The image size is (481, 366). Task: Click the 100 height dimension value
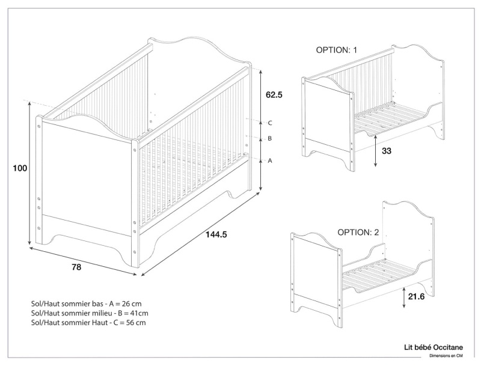[20, 169]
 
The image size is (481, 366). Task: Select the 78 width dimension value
[76, 266]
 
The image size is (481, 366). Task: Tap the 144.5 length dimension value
[216, 235]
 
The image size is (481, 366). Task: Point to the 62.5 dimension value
[274, 95]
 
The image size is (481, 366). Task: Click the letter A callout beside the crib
[270, 160]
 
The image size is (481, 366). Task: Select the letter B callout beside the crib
[270, 139]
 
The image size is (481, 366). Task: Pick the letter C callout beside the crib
[270, 123]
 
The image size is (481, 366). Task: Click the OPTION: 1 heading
[337, 50]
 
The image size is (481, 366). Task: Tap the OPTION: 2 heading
[358, 232]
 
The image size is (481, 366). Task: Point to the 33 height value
[387, 151]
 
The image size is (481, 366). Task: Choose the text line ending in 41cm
[89, 313]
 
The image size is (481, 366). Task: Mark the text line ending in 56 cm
[88, 323]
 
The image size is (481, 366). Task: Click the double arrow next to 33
[376, 151]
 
